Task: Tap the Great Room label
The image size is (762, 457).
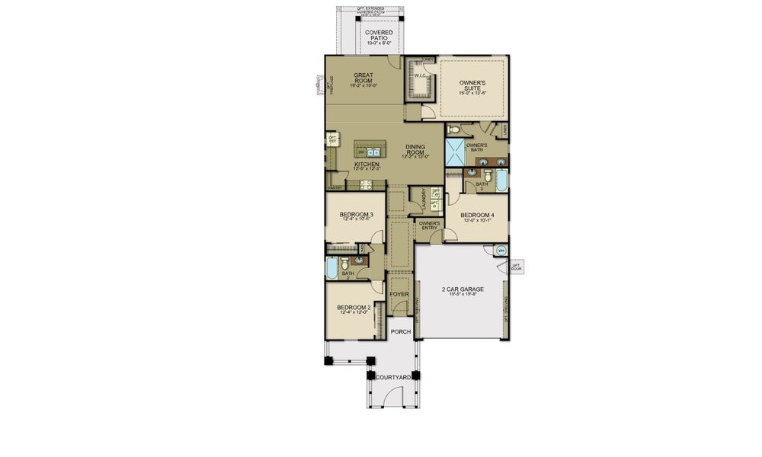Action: [x=363, y=78]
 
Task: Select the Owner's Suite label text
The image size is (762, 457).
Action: [x=472, y=86]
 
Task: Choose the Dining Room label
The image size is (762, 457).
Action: [x=416, y=150]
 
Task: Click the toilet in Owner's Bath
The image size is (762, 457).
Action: [x=454, y=129]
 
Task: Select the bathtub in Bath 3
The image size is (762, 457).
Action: [x=501, y=181]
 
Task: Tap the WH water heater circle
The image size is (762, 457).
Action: [x=501, y=251]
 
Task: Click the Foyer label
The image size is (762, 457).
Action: [x=399, y=294]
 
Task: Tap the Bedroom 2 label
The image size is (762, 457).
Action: [x=354, y=309]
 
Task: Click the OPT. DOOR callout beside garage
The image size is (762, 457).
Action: [x=517, y=267]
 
